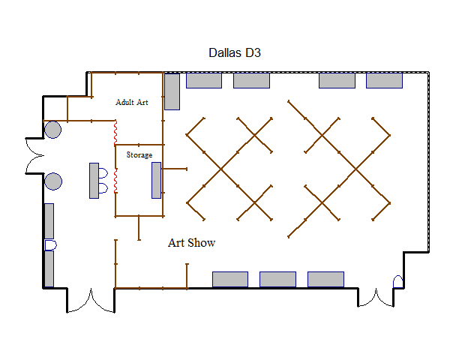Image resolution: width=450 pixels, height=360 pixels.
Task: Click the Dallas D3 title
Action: click(x=235, y=52)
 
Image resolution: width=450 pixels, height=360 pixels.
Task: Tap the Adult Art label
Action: click(x=132, y=102)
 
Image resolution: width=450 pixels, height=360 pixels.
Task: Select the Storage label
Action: click(x=139, y=155)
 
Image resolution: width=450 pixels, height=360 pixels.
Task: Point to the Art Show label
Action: click(x=191, y=243)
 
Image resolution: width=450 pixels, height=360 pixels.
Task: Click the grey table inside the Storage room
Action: click(x=157, y=180)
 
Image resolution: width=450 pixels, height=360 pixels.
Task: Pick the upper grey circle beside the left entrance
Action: click(x=52, y=130)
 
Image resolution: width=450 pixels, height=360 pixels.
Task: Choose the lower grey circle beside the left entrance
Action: click(x=53, y=181)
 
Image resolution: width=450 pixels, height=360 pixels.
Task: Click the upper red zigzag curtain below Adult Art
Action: click(x=115, y=133)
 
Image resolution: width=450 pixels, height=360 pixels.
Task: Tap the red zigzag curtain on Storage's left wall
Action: click(x=115, y=181)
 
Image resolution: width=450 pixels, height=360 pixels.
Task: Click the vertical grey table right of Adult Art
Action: click(x=172, y=91)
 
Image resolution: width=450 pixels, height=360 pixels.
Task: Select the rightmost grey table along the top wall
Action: click(x=384, y=80)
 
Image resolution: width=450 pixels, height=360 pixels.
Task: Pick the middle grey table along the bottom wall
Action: click(x=277, y=279)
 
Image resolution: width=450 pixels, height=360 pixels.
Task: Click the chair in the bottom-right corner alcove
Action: click(x=398, y=282)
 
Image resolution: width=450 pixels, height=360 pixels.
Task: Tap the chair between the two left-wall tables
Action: click(x=51, y=245)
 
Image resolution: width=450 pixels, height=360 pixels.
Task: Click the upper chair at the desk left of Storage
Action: click(x=103, y=172)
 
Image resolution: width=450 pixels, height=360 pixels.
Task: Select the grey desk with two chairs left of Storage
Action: click(x=94, y=181)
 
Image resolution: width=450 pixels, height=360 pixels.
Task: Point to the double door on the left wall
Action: click(x=34, y=156)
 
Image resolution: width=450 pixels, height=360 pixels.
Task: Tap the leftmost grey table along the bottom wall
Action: click(x=230, y=279)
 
